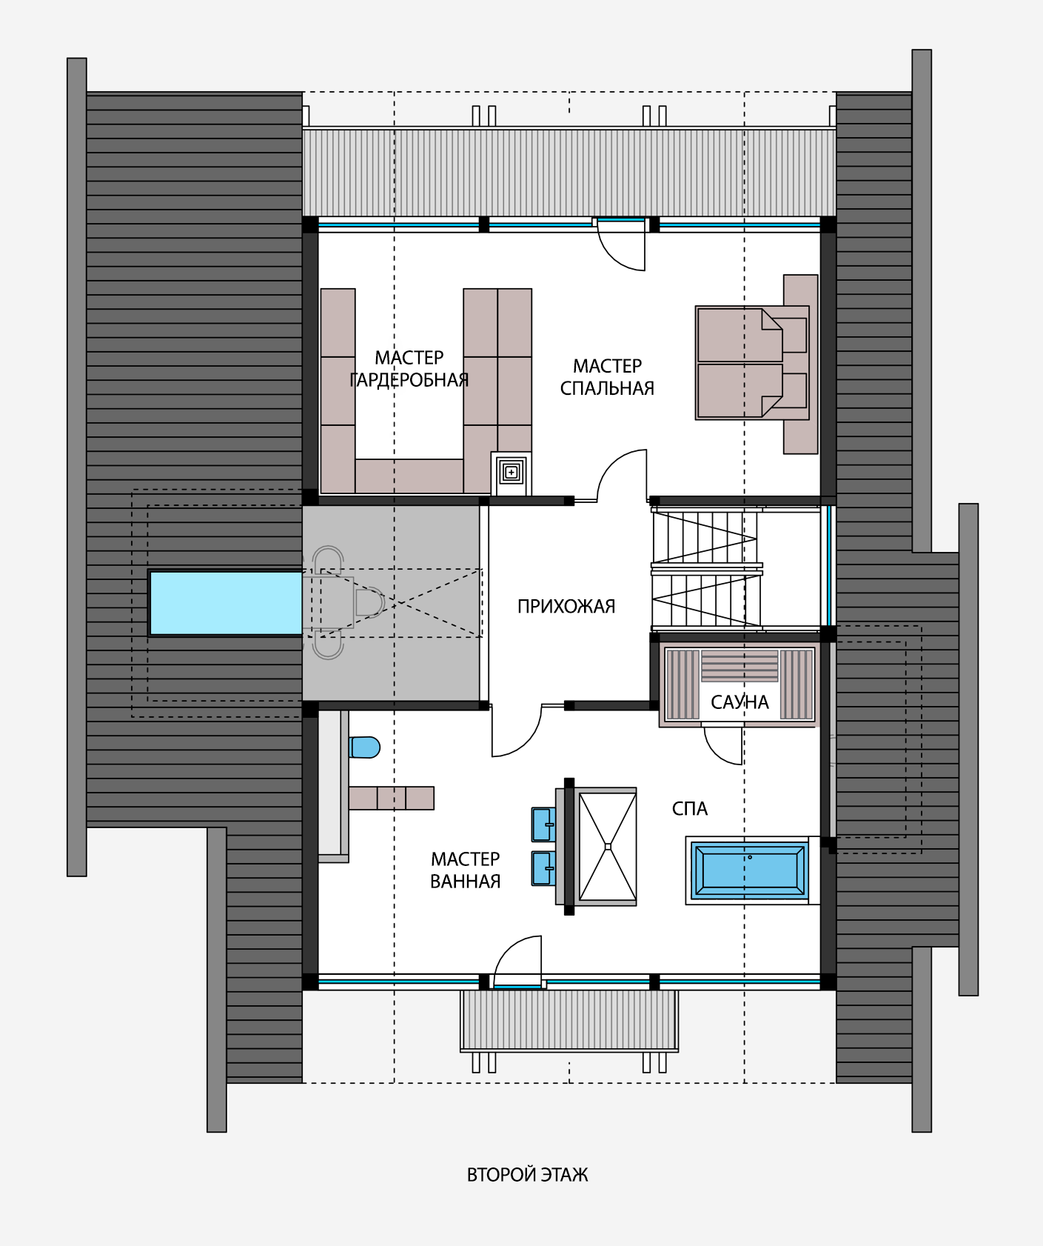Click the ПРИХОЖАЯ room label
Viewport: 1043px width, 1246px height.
click(x=566, y=607)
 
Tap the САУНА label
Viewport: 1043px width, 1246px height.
click(x=740, y=702)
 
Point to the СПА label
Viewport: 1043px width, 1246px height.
click(x=690, y=809)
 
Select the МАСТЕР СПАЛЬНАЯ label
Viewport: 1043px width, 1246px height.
click(x=607, y=377)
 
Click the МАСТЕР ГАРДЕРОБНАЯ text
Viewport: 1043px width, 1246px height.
click(x=409, y=369)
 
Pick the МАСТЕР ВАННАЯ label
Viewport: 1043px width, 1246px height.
click(x=466, y=870)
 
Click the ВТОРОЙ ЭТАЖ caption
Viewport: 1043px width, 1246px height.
click(x=527, y=1176)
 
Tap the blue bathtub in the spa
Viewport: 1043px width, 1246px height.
click(x=749, y=870)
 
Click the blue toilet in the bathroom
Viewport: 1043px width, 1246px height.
click(x=364, y=747)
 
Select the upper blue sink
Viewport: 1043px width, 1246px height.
click(x=543, y=824)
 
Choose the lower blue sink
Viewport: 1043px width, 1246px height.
click(x=543, y=868)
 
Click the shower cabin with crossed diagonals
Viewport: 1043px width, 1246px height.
click(x=607, y=846)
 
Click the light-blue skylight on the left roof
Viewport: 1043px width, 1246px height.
click(x=226, y=603)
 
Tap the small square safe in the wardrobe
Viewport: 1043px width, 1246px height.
click(x=512, y=472)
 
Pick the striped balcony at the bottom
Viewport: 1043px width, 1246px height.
click(x=569, y=1020)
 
